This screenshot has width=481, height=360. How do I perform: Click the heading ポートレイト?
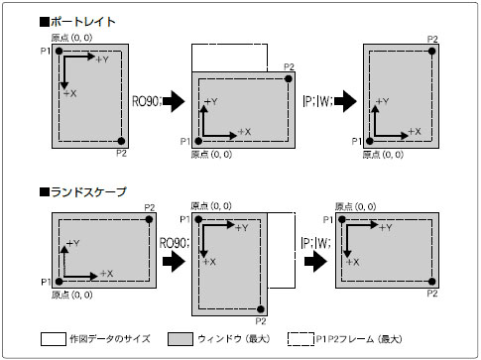(x=83, y=22)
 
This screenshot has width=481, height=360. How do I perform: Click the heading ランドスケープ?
(x=88, y=192)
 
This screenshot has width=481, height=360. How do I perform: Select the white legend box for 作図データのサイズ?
(x=54, y=339)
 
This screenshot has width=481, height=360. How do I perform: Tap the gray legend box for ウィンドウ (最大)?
(x=180, y=339)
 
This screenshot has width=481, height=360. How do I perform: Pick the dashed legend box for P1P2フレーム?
(x=301, y=339)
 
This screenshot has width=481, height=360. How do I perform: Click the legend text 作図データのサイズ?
(x=110, y=339)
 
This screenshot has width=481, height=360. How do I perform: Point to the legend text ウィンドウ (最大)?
(x=234, y=339)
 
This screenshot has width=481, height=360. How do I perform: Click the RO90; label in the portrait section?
(x=147, y=101)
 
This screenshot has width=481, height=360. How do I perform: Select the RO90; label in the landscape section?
(x=175, y=243)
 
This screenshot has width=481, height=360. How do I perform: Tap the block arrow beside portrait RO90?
(x=174, y=101)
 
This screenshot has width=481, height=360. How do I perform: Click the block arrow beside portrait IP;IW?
(x=345, y=101)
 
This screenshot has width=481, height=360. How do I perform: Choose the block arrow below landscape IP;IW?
(x=315, y=262)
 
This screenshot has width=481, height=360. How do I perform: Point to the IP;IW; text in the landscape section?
(x=315, y=243)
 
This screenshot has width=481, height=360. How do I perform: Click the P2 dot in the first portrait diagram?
(x=121, y=141)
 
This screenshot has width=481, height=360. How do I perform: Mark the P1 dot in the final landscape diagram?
(x=342, y=219)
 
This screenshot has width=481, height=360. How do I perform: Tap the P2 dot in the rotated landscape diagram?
(x=261, y=309)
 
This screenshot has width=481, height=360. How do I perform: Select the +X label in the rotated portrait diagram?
(x=245, y=132)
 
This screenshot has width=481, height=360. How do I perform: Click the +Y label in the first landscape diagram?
(x=73, y=244)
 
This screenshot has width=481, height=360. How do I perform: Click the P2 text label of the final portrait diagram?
(x=432, y=40)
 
